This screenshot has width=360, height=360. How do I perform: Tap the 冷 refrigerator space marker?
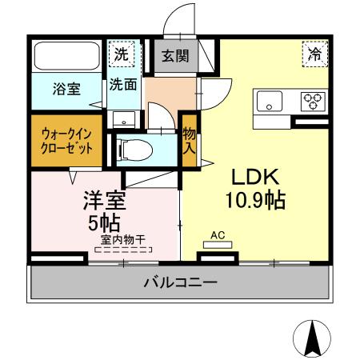click(313, 55)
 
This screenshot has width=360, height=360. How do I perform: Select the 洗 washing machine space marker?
click(121, 55)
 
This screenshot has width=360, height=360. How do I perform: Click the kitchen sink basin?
click(268, 101)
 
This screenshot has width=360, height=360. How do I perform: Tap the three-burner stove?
click(313, 101)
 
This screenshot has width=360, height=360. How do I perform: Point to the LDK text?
click(256, 176)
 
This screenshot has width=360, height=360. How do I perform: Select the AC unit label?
click(216, 235)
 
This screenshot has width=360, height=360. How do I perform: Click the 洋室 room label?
click(106, 197)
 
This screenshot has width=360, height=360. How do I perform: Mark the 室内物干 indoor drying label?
click(122, 238)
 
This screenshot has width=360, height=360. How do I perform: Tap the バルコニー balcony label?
click(180, 282)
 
